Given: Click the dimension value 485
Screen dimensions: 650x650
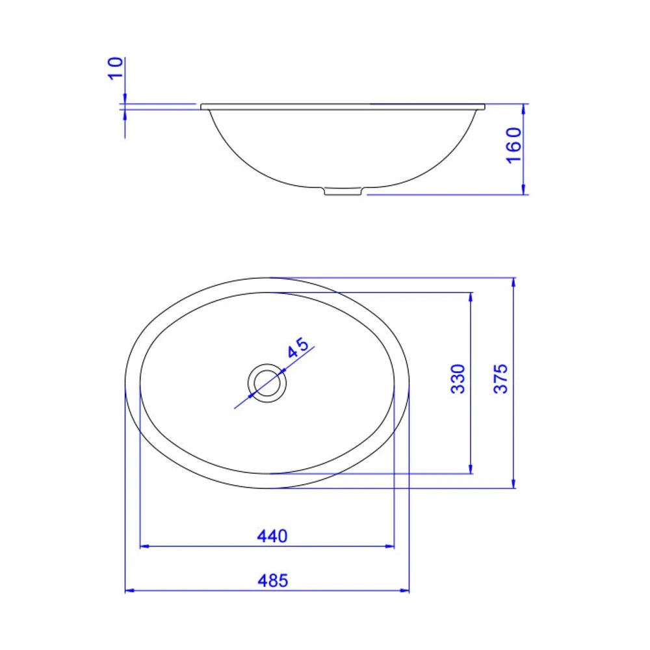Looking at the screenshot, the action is click(x=273, y=580).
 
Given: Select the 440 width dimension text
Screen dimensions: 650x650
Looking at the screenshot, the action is click(x=272, y=536).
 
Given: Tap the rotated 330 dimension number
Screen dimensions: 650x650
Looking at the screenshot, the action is click(x=458, y=378).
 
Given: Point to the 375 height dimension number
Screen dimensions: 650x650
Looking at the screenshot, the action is click(x=500, y=378).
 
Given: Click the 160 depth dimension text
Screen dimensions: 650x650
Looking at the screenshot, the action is click(x=513, y=145).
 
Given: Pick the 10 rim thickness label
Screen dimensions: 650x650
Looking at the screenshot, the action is click(x=116, y=68).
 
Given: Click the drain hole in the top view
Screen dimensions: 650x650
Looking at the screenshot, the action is click(x=267, y=383).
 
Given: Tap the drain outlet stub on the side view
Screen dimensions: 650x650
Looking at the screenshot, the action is click(x=343, y=192).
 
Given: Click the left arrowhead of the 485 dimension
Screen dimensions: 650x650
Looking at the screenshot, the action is click(x=129, y=590).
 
